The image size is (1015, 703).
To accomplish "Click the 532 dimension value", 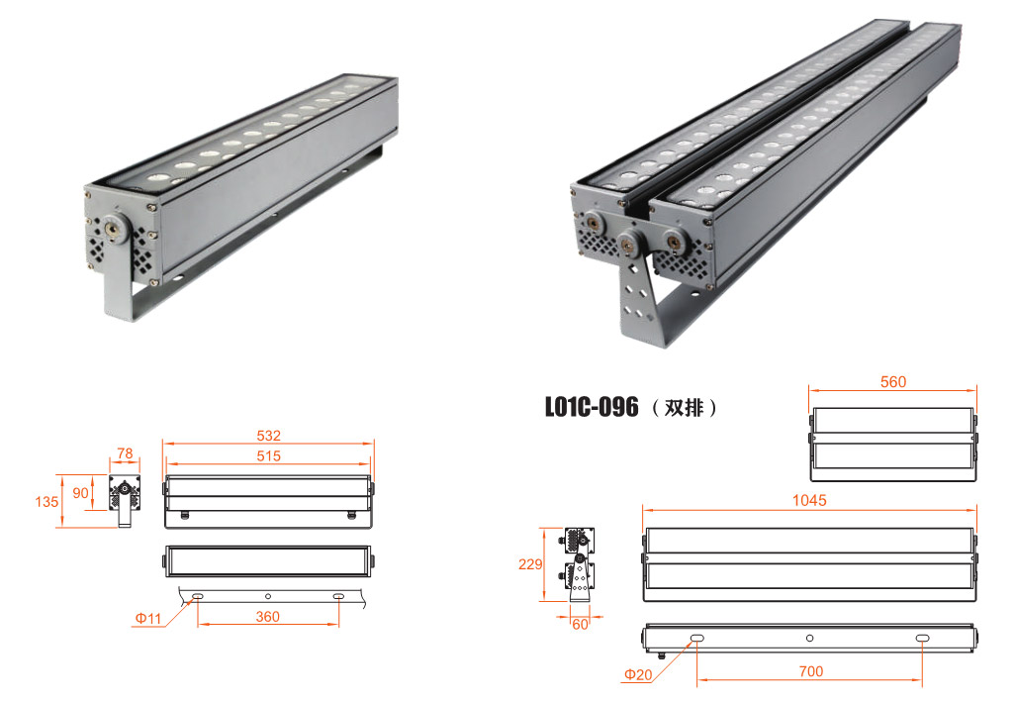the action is tap(269, 436).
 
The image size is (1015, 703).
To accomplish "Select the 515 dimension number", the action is tap(269, 456).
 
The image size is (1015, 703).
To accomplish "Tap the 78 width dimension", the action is tap(125, 453).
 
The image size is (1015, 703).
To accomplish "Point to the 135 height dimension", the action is tap(46, 501).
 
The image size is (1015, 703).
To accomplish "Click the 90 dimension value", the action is tap(80, 493).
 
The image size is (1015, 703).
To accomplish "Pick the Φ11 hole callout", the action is tap(148, 618).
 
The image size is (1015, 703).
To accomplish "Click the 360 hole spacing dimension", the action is tap(268, 617).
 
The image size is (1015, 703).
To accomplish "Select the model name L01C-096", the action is tap(592, 407).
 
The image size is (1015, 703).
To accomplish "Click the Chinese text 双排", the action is tap(684, 408).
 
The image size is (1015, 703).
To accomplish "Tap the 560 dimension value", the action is tap(893, 382).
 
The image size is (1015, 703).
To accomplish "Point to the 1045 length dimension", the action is tap(809, 500).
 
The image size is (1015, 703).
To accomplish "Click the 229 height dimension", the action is tap(530, 564).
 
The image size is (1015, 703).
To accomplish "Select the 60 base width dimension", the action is tap(580, 624).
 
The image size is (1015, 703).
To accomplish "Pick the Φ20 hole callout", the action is tap(638, 674).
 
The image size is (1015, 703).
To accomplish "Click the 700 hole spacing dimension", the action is tap(810, 672).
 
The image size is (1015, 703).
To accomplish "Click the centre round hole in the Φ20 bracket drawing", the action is tap(809, 639).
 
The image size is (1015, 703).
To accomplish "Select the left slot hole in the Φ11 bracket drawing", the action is tap(198, 596).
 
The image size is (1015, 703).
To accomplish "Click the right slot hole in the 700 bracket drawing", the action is tap(922, 639).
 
